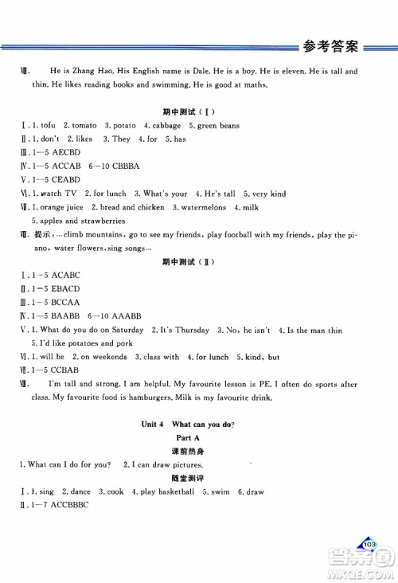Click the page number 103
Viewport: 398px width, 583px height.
(368, 543)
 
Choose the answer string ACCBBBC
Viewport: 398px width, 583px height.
(72, 506)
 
